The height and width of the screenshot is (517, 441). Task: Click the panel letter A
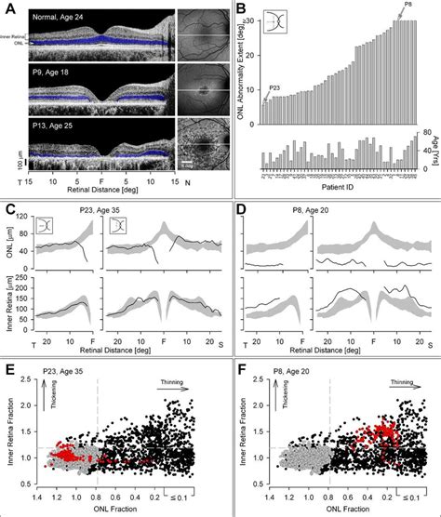coord(8,8)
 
